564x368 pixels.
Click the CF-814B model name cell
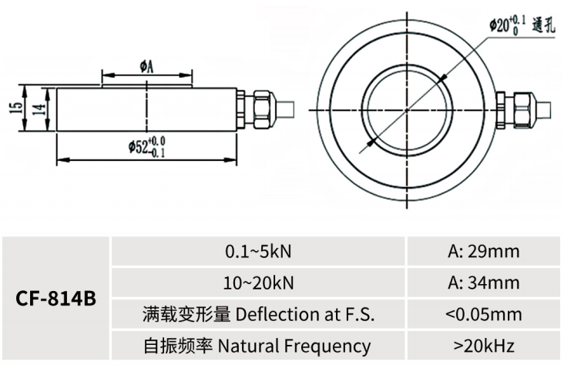point(55,298)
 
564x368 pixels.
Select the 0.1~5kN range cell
point(258,251)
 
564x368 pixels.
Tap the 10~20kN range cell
point(258,283)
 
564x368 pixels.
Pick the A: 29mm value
point(484,251)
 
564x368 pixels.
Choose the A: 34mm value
point(484,283)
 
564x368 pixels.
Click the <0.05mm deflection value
point(484,314)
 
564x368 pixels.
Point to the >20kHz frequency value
point(484,346)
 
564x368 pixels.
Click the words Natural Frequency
point(294,346)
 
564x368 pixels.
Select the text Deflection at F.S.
point(305,314)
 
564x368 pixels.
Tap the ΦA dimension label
point(146,66)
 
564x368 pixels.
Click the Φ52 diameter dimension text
point(146,146)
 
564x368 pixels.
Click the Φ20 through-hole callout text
point(507,25)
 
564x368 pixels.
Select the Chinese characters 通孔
point(543,25)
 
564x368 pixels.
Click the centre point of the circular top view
point(407,110)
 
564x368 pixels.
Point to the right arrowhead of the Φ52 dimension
point(231,159)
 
